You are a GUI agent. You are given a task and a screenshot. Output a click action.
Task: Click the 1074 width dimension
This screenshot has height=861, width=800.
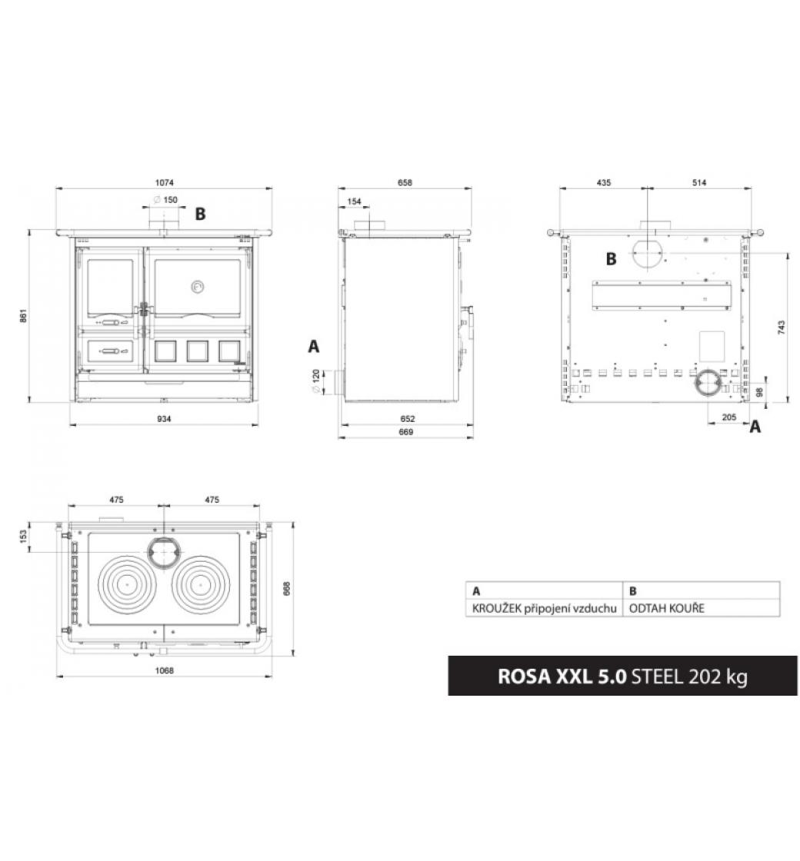[164, 183]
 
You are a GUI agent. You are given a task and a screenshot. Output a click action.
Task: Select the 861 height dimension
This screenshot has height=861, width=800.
[23, 316]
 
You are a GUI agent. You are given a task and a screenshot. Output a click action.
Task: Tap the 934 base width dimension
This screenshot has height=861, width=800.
[164, 419]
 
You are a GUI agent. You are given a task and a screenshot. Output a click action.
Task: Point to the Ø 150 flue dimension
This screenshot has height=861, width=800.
[165, 200]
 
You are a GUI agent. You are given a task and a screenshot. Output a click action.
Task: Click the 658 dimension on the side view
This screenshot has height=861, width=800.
[405, 183]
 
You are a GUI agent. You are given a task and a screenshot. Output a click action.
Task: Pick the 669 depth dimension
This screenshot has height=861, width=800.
[405, 432]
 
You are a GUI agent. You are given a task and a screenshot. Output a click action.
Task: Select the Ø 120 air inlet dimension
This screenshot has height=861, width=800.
[316, 381]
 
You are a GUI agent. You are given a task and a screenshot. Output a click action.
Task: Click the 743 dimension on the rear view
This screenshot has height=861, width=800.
[782, 327]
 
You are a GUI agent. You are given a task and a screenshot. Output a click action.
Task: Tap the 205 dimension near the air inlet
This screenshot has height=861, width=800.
[728, 417]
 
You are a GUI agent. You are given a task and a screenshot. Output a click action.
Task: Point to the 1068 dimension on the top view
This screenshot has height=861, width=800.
[164, 670]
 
